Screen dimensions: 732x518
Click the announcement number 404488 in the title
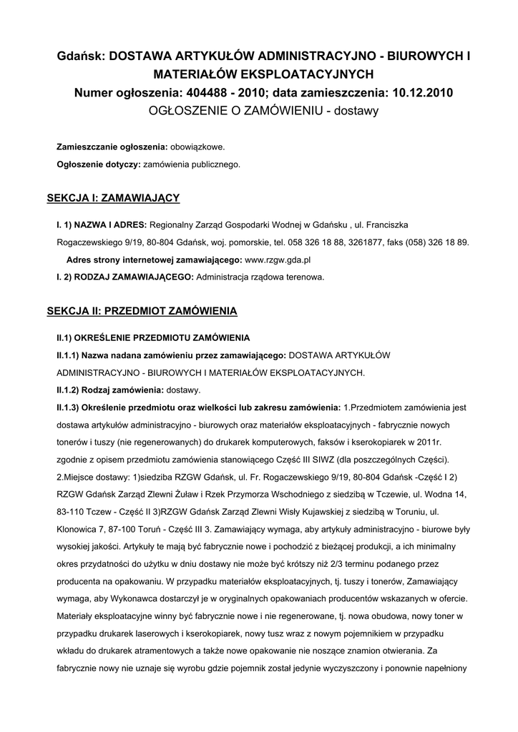(x=207, y=92)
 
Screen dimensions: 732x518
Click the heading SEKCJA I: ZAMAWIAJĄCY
(x=113, y=197)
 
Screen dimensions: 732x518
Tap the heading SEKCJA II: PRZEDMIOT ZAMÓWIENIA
(x=142, y=312)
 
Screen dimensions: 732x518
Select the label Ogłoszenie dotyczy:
(x=98, y=164)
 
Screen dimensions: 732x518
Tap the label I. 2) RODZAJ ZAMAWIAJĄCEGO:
(x=124, y=277)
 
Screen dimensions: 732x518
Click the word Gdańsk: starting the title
(x=81, y=56)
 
